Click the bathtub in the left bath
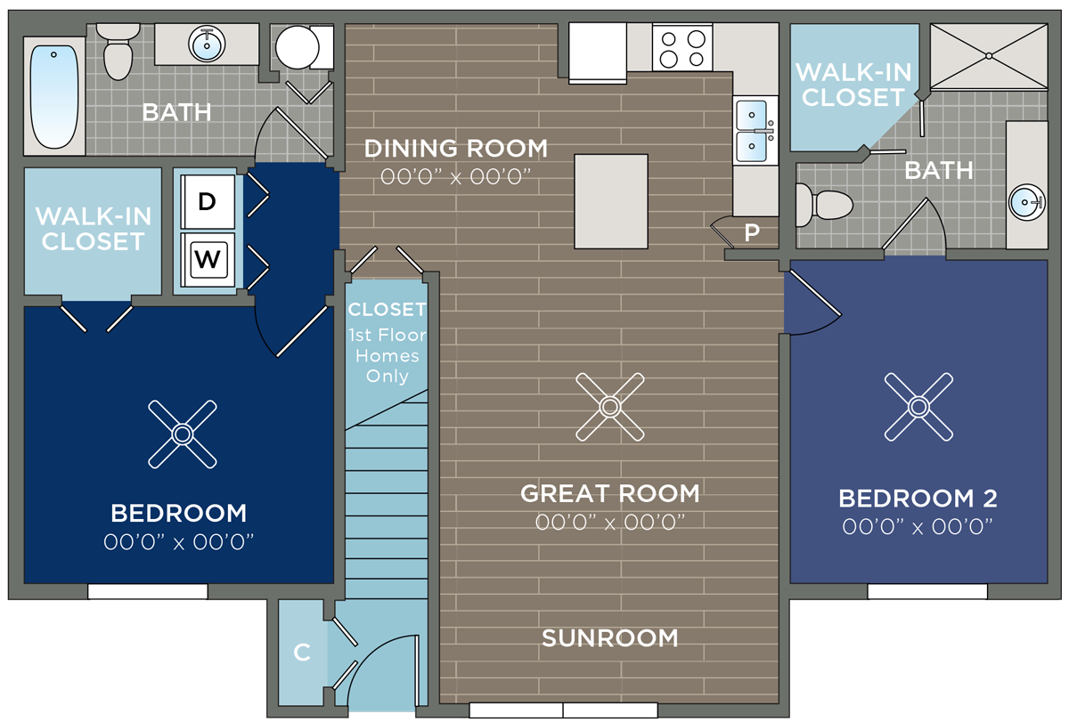tap(54, 96)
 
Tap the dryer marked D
tap(208, 202)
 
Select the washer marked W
tap(208, 259)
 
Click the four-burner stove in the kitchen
tap(682, 48)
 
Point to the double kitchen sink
tap(755, 130)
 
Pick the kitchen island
tap(611, 201)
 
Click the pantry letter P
tap(752, 232)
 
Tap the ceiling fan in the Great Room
tap(610, 407)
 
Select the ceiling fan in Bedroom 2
tap(918, 407)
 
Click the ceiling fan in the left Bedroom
tap(183, 434)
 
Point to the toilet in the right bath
tap(823, 205)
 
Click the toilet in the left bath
tap(118, 52)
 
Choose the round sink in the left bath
tap(207, 45)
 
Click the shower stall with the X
tap(989, 56)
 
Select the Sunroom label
tap(610, 638)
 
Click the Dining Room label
tap(456, 149)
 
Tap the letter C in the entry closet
tap(302, 653)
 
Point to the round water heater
tap(298, 47)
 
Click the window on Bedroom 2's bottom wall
tap(927, 591)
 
